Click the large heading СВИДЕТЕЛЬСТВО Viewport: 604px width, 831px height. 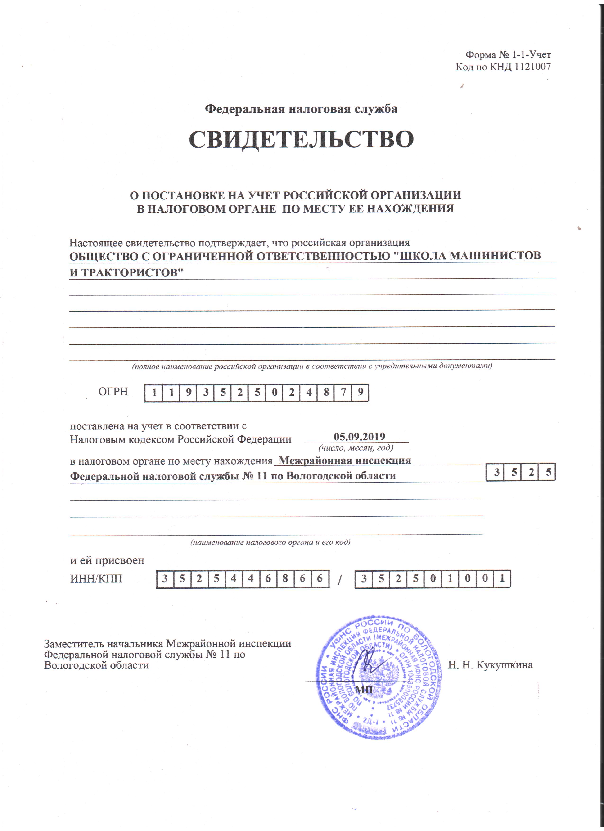[301, 139]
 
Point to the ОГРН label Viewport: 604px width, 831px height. [113, 392]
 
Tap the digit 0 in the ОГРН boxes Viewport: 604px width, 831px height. [274, 393]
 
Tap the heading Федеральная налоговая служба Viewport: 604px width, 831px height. [301, 109]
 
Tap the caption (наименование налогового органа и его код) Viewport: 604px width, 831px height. [270, 542]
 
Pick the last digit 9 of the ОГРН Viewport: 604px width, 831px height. [361, 393]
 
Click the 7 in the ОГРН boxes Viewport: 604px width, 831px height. [343, 393]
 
